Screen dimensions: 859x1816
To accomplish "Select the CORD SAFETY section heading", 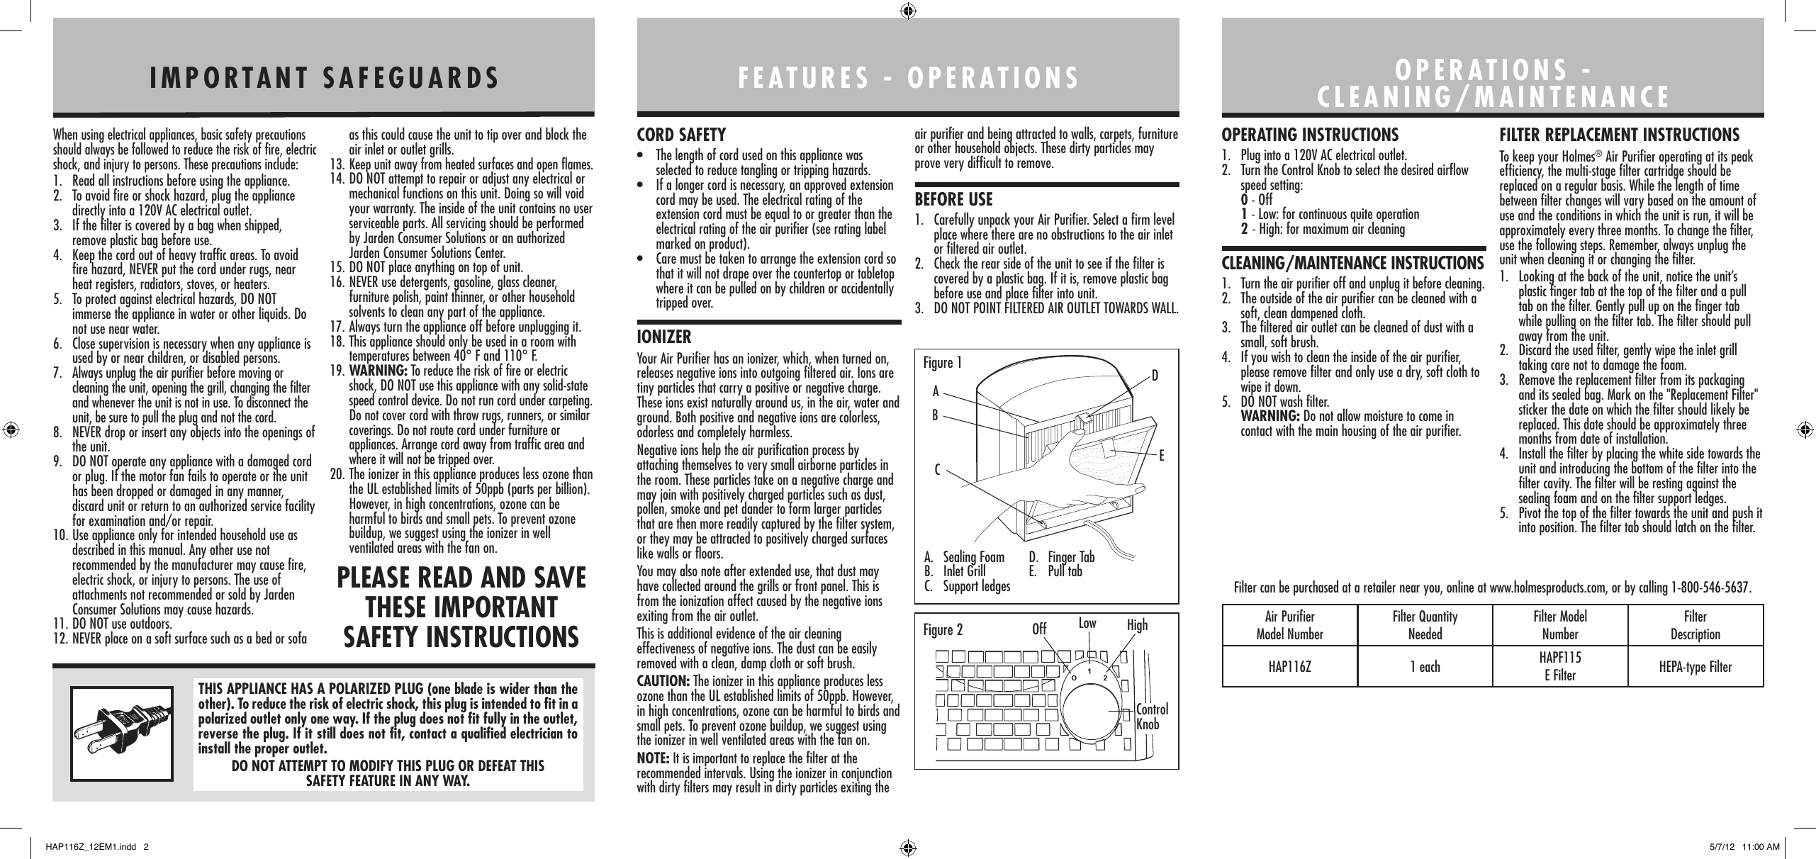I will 682,135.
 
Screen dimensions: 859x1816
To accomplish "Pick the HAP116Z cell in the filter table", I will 1289,667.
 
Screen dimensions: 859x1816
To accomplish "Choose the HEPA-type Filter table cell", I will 1695,667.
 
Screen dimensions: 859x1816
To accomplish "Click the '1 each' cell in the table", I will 1425,667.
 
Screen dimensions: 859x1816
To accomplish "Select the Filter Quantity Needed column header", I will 1425,625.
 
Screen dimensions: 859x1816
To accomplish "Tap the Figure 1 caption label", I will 943,364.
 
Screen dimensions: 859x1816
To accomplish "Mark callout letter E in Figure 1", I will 1162,458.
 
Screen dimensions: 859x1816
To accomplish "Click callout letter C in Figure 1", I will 937,469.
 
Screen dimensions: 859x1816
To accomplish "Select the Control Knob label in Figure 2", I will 1152,717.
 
